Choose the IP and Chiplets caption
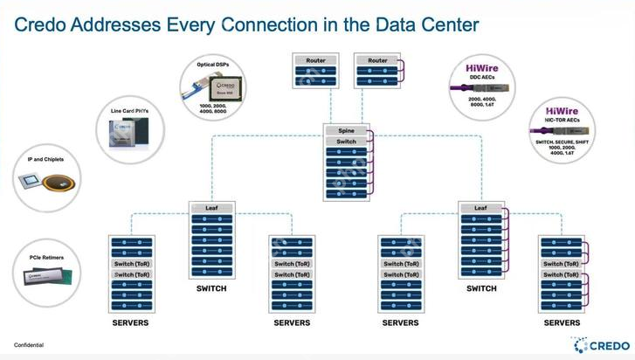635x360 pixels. (43, 161)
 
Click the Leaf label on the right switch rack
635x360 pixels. (480, 208)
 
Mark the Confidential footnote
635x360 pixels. (29, 345)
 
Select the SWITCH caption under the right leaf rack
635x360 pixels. (480, 289)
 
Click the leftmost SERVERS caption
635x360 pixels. (131, 323)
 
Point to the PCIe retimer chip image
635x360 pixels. (45, 277)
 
